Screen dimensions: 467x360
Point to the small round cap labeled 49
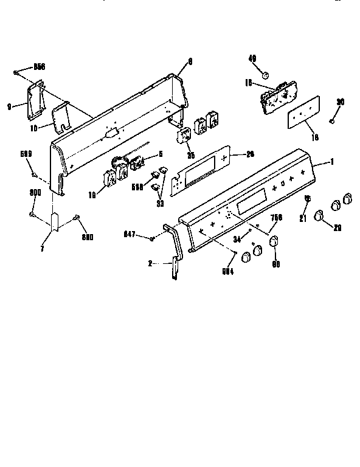266,74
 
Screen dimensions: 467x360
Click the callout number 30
340,102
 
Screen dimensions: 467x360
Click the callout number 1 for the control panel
332,162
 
